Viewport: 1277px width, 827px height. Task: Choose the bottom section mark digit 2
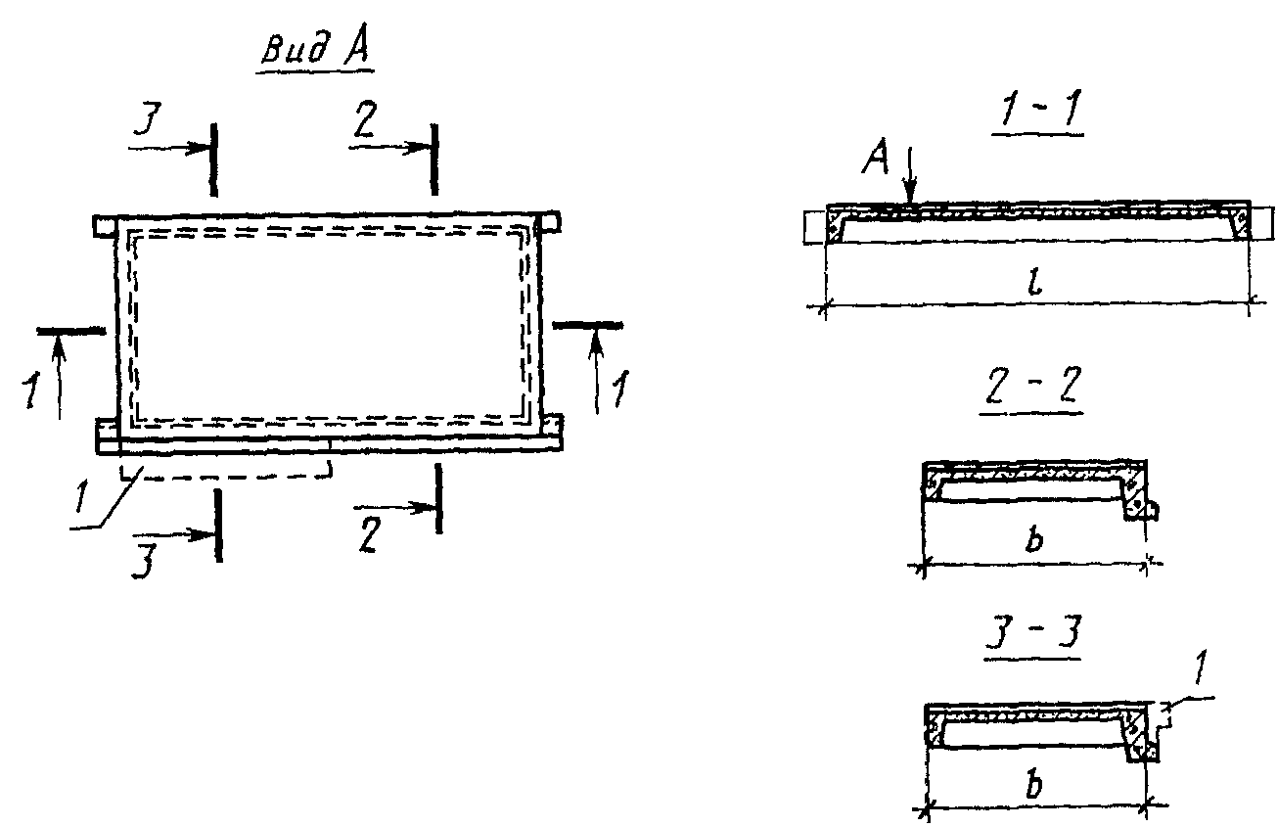pos(368,536)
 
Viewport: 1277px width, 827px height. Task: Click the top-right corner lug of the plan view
pos(549,222)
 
